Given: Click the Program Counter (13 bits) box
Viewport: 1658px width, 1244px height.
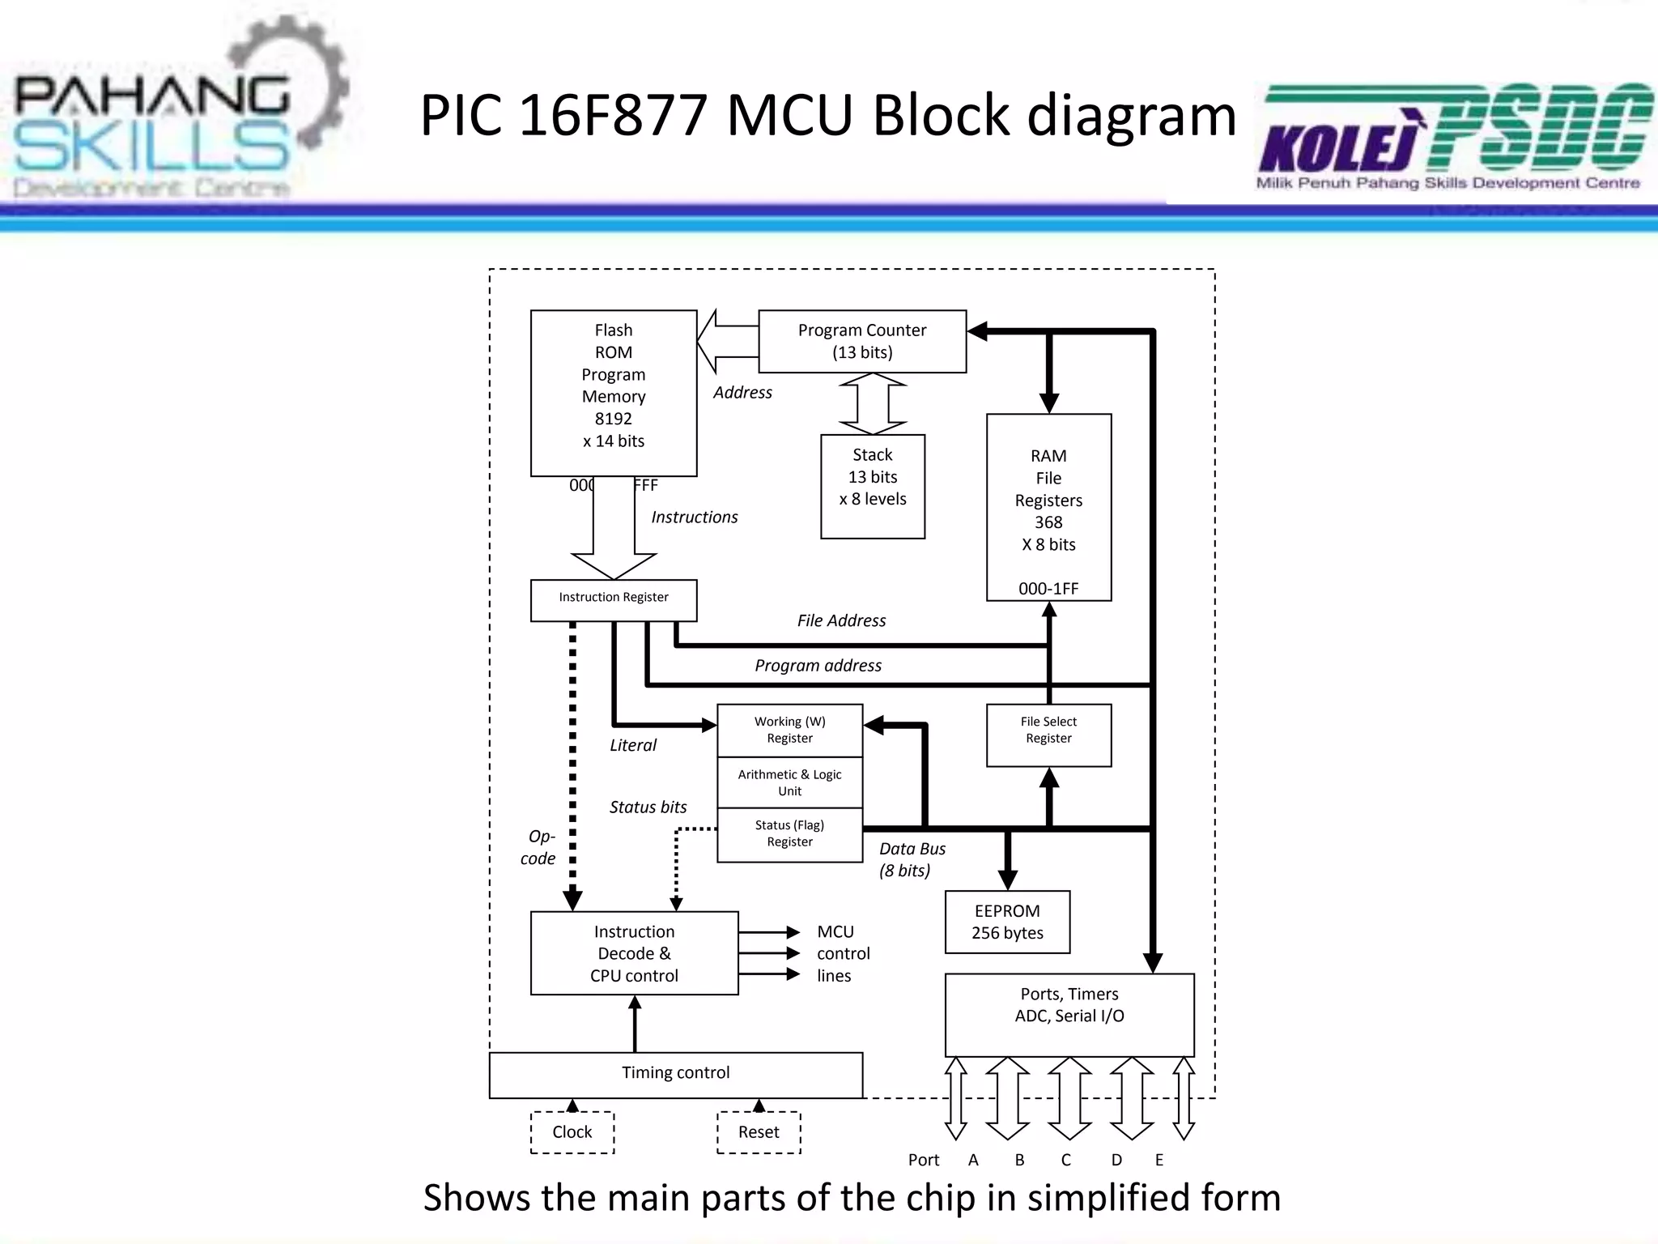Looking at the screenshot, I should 862,341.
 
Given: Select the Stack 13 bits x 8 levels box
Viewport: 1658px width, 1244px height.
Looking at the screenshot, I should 872,486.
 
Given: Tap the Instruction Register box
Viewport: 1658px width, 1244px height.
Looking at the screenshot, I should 613,599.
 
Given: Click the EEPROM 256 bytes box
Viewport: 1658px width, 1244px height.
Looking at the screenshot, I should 1007,922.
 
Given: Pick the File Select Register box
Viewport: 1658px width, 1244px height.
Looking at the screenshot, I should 1048,734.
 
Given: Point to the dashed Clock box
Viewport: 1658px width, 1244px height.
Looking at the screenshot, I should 572,1131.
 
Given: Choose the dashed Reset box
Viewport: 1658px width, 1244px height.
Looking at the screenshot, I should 759,1131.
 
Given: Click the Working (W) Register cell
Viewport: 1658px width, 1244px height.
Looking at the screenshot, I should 789,730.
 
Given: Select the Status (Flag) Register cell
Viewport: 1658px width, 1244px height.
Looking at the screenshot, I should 789,834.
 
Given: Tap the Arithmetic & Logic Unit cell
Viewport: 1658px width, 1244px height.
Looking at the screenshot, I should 789,782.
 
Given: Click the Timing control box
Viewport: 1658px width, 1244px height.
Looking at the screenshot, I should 675,1074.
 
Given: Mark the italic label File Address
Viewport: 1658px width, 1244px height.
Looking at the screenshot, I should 841,620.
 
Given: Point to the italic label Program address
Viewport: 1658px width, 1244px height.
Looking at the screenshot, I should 818,665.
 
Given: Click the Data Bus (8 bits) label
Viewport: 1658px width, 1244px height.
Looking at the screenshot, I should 912,859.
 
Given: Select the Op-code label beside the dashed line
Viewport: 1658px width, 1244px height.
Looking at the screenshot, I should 539,847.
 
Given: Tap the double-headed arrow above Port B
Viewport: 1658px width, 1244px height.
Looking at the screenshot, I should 1008,1098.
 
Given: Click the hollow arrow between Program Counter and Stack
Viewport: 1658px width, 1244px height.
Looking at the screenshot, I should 873,403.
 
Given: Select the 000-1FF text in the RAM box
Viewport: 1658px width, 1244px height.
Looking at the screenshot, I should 1048,589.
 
